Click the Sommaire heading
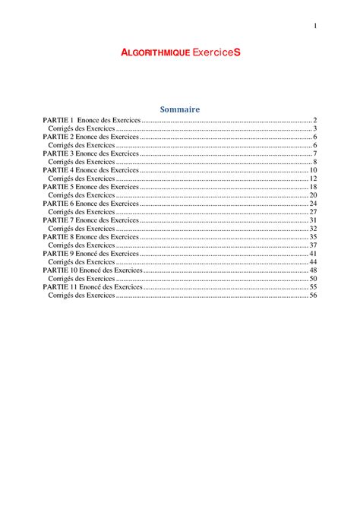tap(180, 109)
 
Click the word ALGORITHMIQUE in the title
tap(156, 53)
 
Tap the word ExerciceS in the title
tap(216, 53)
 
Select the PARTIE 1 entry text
tap(92, 121)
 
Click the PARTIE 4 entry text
tap(91, 170)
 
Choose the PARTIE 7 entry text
tap(91, 220)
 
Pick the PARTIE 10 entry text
tap(93, 270)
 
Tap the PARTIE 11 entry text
tap(93, 286)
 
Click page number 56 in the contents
tap(312, 295)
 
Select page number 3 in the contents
tap(314, 129)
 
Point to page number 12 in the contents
tap(312, 179)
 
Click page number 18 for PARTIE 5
tap(312, 187)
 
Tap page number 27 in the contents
tap(312, 212)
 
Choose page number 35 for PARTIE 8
tap(312, 237)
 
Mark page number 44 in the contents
tap(312, 261)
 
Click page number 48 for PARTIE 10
tap(312, 270)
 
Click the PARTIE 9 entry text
tap(91, 253)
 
